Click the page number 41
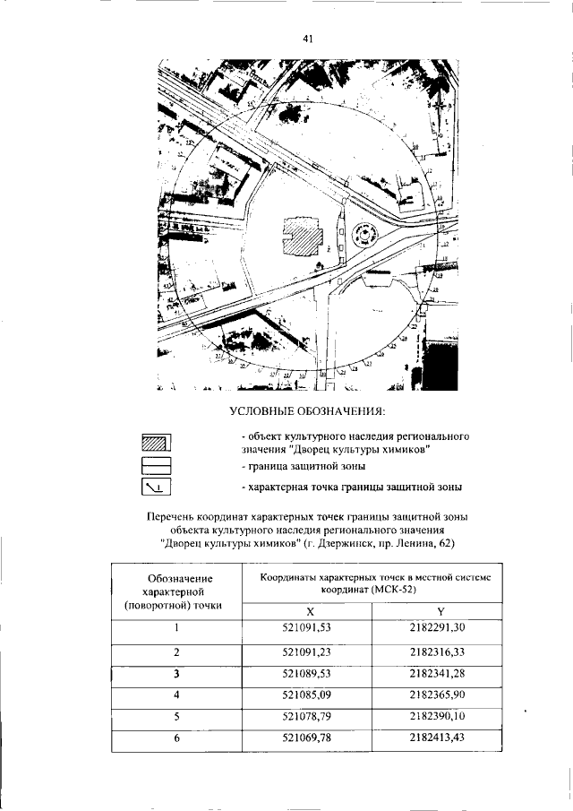coord(307,39)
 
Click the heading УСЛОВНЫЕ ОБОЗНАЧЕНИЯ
coord(307,411)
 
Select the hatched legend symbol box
coord(156,443)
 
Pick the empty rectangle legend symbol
coord(156,466)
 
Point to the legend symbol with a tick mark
coord(156,487)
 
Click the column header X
coord(308,610)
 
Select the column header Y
coord(440,610)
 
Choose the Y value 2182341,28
coord(440,673)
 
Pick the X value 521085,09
coord(308,695)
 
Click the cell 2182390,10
coord(440,716)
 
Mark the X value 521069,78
coord(308,738)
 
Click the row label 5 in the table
coord(177,716)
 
